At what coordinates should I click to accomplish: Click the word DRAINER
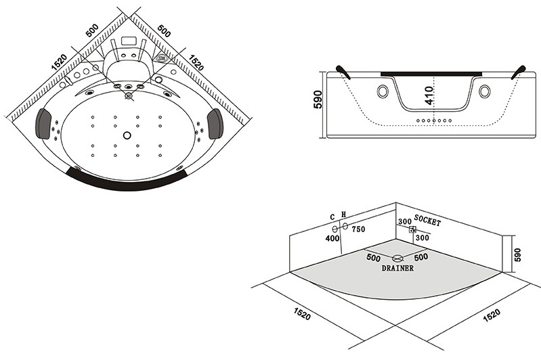coord(397,268)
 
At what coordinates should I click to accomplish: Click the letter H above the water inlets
coord(343,215)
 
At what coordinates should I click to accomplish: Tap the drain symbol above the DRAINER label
coord(397,257)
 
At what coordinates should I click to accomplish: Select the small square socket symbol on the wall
coord(411,229)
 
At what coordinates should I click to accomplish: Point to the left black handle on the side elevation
coord(343,70)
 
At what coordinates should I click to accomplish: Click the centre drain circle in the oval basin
coord(127,134)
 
